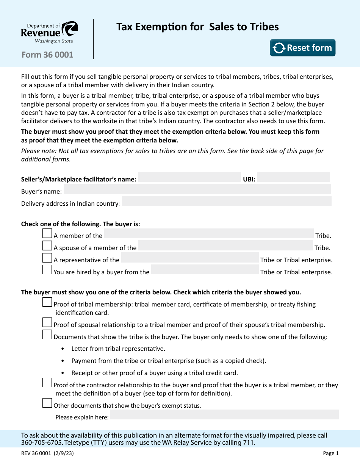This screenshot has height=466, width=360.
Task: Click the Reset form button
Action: tap(302, 48)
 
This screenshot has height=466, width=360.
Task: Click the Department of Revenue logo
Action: tap(50, 33)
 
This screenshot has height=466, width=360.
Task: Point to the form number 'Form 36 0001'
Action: tap(47, 55)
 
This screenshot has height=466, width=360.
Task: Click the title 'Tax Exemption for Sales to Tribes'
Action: tap(197, 27)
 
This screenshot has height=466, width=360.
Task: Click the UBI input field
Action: tap(293, 177)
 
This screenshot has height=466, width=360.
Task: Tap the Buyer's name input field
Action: tap(197, 189)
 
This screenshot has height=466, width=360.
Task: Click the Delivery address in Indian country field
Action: tap(226, 201)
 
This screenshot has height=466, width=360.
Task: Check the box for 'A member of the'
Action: tap(47, 234)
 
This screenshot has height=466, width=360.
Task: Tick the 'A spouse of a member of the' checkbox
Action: tap(47, 246)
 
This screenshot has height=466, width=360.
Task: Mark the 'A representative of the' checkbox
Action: tap(47, 258)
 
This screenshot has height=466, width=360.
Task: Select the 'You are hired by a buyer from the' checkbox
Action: tap(47, 270)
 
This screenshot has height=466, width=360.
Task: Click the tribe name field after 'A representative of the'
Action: tap(189, 258)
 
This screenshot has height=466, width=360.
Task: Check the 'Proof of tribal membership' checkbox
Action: tap(47, 302)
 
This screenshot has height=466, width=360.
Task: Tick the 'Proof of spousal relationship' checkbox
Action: tap(47, 323)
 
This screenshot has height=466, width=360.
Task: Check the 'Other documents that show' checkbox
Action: tap(47, 403)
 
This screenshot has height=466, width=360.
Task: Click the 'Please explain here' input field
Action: tap(224, 415)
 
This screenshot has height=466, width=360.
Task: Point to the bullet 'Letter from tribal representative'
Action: tap(118, 349)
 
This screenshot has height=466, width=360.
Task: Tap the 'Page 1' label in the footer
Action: tap(330, 453)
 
